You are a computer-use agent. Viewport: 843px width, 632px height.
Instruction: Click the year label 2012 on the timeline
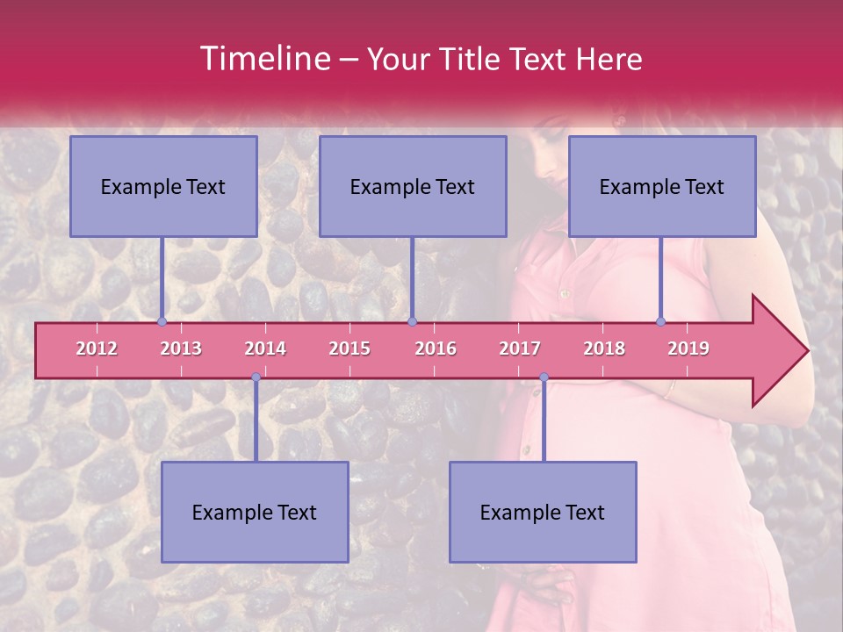[97, 348]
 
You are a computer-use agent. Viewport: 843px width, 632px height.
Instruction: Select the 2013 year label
[181, 348]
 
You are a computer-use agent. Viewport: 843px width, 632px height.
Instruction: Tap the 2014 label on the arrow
[265, 348]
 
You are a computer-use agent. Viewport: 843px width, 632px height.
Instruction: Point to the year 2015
[349, 348]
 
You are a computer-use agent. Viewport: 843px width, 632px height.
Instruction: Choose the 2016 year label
[436, 348]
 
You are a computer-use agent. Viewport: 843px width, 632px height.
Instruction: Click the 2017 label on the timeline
[520, 348]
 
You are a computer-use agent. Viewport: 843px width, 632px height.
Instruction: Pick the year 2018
[604, 348]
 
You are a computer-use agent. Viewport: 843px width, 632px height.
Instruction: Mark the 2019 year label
[688, 348]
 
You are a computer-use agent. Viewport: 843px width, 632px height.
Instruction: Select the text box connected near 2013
[163, 186]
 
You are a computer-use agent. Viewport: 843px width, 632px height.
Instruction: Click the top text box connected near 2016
[413, 186]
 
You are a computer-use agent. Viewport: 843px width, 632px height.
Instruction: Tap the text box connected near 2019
[662, 186]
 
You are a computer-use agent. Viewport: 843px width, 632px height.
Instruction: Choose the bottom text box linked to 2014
[255, 512]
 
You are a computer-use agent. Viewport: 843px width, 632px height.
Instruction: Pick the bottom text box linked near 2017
[543, 512]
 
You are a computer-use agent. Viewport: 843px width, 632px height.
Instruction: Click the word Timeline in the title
[263, 59]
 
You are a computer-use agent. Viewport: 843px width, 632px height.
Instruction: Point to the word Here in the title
[609, 60]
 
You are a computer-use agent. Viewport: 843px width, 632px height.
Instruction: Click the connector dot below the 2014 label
[256, 377]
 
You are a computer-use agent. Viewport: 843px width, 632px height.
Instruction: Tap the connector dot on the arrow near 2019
[660, 321]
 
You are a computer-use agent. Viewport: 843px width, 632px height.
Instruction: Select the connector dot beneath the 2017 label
[544, 377]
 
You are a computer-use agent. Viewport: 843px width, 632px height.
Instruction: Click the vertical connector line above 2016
[412, 276]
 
